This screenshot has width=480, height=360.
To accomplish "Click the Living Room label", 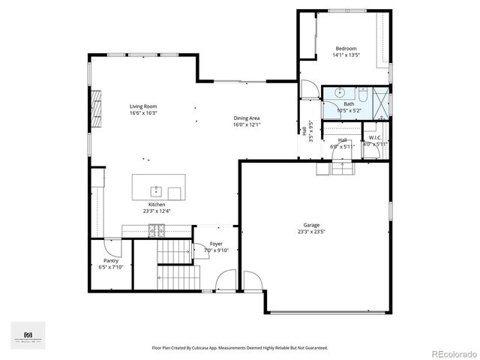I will point(142,106).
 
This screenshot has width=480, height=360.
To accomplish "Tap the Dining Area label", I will point(246,118).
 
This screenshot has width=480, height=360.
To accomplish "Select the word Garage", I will point(311,225).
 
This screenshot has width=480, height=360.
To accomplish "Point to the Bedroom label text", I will point(346,48).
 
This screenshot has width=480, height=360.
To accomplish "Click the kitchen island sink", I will point(157,190).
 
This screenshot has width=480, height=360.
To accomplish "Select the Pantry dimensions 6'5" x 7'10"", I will point(111,267).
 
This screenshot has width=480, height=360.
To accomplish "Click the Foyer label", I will point(216,244).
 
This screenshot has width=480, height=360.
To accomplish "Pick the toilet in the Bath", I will point(361,95).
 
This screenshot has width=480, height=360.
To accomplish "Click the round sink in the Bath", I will point(339,92).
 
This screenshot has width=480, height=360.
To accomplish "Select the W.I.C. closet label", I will point(375,138).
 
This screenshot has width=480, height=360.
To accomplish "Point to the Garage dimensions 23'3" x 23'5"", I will point(311,232).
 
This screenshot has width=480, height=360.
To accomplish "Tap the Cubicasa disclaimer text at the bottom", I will point(240,348).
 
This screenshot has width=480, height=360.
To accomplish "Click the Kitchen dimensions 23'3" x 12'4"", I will point(157,211).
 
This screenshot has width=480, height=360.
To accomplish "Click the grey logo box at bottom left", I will point(28,335).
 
